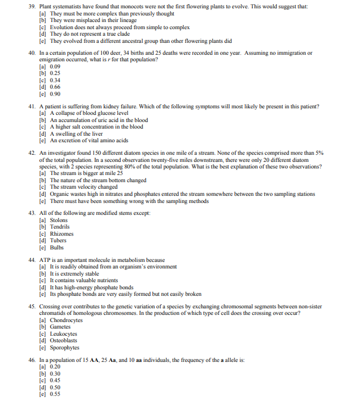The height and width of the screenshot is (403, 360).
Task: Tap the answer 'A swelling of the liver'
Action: coord(80,134)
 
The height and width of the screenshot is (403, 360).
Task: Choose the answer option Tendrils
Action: coord(60,227)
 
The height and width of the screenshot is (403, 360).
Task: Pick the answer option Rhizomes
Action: coord(62,234)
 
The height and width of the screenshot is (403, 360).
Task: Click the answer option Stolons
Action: coord(59,220)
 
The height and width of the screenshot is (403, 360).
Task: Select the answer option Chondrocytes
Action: coord(66,320)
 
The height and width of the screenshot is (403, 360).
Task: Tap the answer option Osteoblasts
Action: coord(64,340)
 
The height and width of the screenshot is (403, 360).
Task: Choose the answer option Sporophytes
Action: coord(64,348)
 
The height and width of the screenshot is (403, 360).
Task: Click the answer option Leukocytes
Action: coord(63,334)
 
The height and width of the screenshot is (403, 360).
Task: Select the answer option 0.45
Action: coord(57,380)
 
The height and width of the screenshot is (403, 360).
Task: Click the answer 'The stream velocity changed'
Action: coord(83,187)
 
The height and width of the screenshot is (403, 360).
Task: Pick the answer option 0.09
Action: coord(57,67)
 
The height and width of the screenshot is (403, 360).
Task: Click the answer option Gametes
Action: coord(60,327)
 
